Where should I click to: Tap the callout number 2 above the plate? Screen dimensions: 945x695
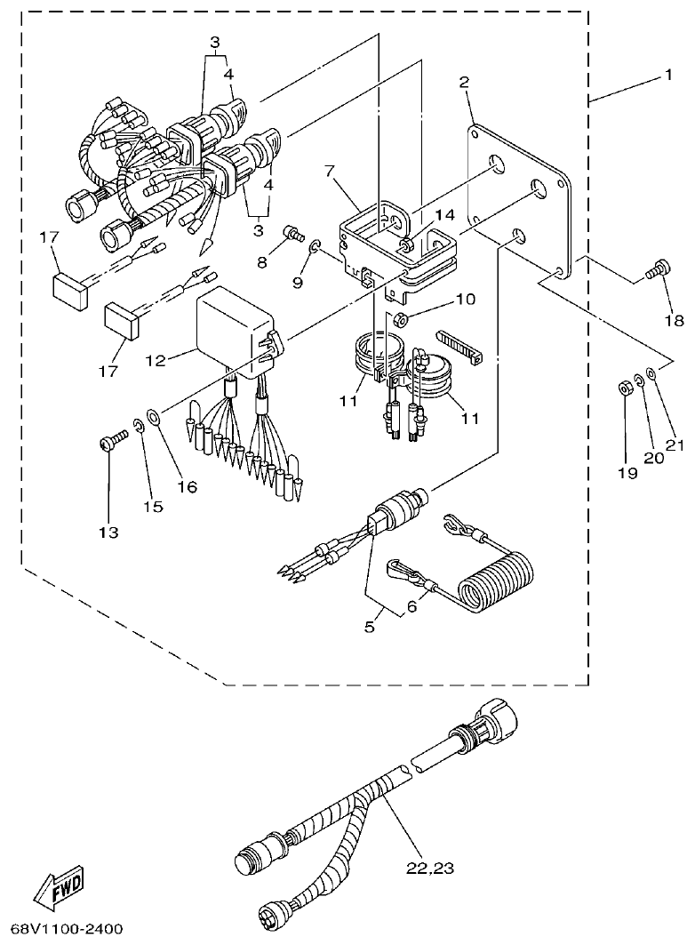pos(463,83)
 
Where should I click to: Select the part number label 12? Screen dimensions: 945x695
pos(156,360)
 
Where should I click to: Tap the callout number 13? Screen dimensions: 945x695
pos(108,532)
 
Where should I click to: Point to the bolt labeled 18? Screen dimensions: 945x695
pos(658,268)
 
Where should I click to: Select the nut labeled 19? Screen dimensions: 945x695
pos(625,388)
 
